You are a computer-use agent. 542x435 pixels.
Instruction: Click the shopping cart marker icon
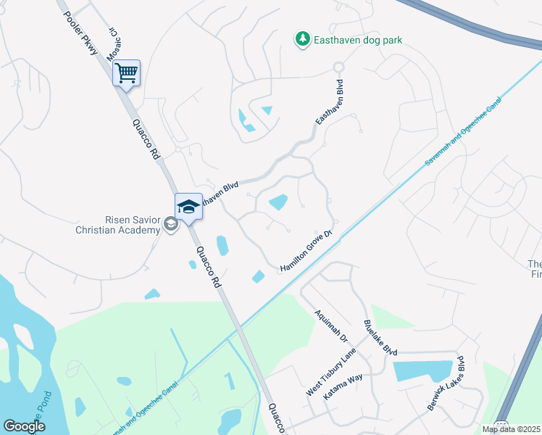point(126,72)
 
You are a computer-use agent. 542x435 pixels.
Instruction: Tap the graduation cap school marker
point(188,207)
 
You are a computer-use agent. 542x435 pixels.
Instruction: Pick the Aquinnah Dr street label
point(331,327)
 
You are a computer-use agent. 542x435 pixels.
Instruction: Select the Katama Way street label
point(345,388)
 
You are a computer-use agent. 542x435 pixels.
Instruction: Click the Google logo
point(23,426)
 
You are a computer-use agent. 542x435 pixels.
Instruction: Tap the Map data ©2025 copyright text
point(510,429)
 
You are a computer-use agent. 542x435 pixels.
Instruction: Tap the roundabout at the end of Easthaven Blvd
point(338,67)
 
